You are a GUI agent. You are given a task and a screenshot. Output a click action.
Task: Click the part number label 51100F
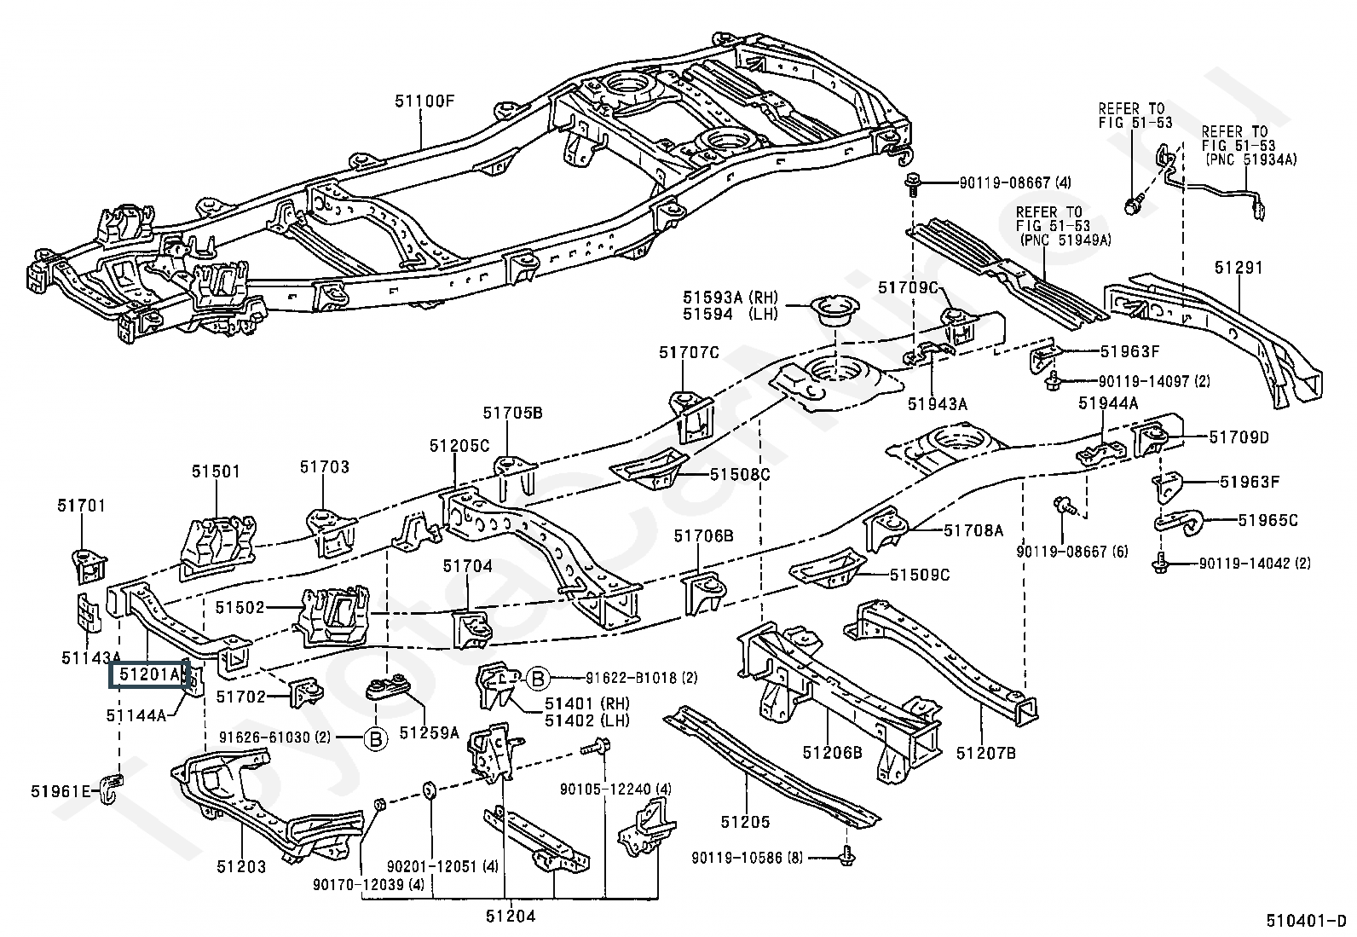[424, 101]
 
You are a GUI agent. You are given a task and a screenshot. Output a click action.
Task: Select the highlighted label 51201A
[150, 674]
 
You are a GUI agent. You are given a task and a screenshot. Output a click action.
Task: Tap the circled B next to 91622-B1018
[539, 678]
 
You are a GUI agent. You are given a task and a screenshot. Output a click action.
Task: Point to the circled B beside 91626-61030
[376, 738]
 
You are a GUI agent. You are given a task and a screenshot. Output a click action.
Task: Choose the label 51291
[1239, 267]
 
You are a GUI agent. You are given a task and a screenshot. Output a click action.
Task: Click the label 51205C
[459, 446]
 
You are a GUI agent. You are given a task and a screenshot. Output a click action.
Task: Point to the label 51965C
[1267, 521]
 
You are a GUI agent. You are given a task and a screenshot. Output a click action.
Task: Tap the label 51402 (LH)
[586, 720]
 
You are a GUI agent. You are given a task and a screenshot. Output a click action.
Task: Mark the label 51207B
[986, 754]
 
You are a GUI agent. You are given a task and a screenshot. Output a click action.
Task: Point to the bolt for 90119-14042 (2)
[1159, 564]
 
